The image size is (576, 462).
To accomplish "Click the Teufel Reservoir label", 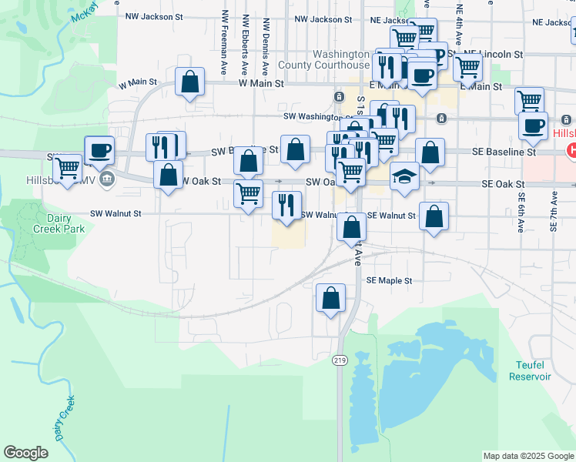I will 530,370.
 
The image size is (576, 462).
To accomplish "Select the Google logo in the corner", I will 25,453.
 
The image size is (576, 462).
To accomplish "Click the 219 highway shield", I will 340,360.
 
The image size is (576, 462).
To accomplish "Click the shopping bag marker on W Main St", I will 189,82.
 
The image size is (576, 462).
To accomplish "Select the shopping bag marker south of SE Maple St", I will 330,299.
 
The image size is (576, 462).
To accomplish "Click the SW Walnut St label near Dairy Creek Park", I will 116,213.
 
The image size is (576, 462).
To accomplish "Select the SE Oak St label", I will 503,185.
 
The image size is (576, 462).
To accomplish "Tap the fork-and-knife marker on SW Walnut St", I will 286,206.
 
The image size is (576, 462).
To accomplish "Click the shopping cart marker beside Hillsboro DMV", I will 67,168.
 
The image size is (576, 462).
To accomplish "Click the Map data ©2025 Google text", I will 528,456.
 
